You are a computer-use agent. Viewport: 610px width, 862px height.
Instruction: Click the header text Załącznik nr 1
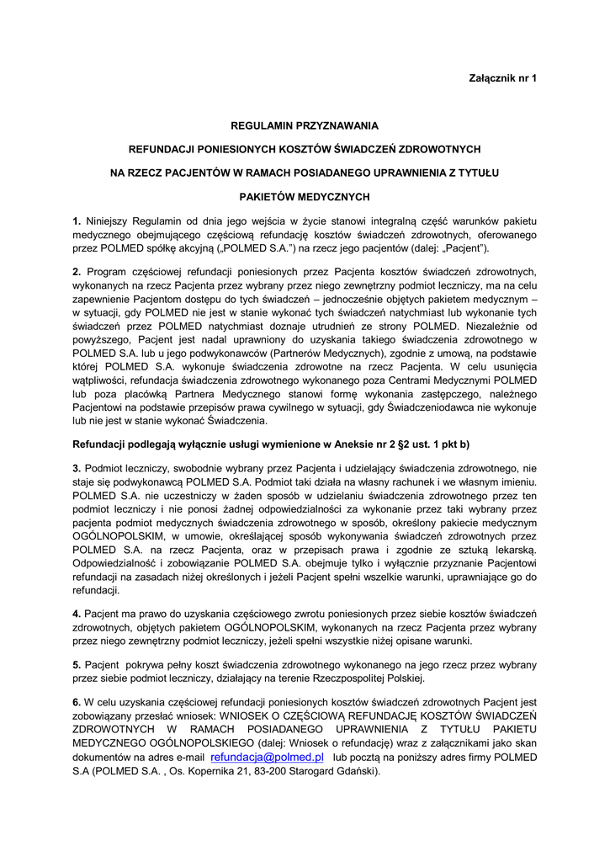coord(502,78)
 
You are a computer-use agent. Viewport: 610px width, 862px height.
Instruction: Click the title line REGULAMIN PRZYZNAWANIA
coord(305,125)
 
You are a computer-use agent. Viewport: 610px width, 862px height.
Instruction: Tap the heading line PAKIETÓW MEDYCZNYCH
coord(305,197)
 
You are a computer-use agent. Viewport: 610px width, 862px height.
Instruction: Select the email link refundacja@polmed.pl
coord(267,758)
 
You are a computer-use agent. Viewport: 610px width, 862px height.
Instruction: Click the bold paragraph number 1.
coord(77,221)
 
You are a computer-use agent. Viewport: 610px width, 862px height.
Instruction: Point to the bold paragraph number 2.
coord(77,271)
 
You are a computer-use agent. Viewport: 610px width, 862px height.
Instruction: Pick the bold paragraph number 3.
coord(77,467)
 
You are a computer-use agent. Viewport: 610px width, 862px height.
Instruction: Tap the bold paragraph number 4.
coord(77,614)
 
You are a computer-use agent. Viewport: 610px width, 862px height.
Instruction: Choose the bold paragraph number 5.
coord(77,664)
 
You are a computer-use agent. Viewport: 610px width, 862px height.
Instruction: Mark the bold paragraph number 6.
coord(77,701)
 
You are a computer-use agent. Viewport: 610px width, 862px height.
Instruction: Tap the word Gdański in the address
coord(357,771)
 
